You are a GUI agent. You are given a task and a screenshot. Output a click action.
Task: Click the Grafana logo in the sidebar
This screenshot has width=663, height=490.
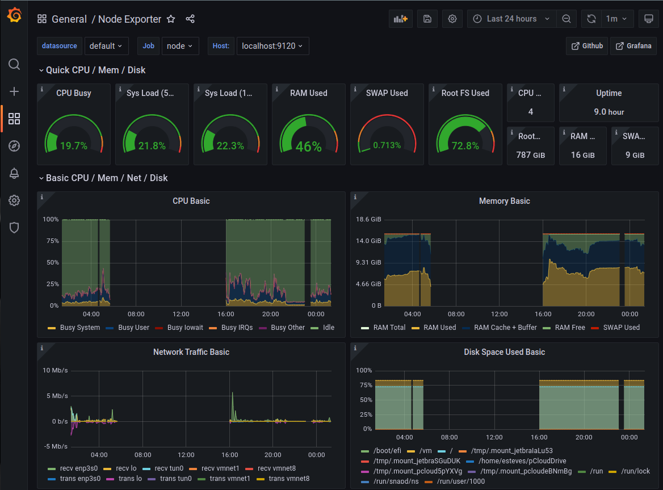click(14, 16)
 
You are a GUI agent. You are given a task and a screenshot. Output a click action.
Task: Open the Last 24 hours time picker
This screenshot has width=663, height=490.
click(511, 19)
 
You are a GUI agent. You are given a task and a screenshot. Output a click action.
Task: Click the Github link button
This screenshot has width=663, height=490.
click(587, 46)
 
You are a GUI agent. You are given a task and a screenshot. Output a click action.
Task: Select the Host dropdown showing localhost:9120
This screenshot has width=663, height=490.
click(272, 46)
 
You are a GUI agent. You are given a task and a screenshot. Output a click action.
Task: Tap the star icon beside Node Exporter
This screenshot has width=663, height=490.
click(171, 19)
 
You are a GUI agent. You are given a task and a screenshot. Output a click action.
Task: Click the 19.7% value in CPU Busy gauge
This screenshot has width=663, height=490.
click(74, 146)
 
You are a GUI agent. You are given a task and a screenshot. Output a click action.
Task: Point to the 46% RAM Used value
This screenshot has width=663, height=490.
click(309, 146)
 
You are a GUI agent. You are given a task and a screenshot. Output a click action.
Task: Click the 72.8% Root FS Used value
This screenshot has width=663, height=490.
click(465, 146)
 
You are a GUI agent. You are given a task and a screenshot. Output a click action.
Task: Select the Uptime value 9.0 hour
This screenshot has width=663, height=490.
click(609, 112)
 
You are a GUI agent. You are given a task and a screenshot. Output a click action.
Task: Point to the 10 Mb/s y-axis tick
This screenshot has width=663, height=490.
click(55, 370)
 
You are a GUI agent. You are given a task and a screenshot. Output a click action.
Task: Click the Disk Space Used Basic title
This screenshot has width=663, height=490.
click(504, 352)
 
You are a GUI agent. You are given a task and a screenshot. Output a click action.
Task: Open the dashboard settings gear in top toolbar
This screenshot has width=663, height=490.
click(452, 19)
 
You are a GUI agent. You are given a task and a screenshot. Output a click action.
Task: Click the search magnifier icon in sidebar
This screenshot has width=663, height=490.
click(14, 64)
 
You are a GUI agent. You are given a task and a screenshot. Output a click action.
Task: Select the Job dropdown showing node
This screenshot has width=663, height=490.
click(180, 46)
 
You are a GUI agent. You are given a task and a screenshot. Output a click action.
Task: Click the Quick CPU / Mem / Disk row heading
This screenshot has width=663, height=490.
click(95, 70)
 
